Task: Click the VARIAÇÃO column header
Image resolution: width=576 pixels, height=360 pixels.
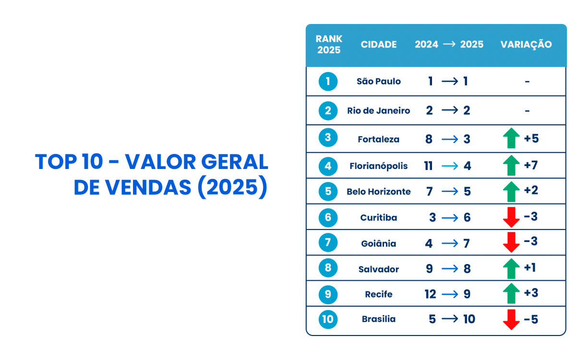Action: point(526,45)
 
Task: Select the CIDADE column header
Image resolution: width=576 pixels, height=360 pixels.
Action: point(379,45)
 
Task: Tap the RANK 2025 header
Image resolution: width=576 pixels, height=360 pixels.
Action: point(328,45)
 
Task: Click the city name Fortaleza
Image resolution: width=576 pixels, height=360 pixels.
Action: point(379,140)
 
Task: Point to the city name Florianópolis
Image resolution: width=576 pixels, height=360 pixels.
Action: point(379,166)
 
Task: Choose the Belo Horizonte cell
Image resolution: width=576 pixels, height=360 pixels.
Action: point(379,192)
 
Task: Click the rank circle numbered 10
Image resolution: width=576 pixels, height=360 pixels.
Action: point(328,320)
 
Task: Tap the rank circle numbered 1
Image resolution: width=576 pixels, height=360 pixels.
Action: point(328,81)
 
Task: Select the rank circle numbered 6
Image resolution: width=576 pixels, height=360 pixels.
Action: point(328,217)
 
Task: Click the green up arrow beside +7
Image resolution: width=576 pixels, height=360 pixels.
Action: point(511,166)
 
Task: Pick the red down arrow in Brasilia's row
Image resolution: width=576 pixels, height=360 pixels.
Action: point(511,320)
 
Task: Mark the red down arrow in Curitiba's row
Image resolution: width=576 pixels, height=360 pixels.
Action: point(511,217)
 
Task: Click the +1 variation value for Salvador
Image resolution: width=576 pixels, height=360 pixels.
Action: point(530,267)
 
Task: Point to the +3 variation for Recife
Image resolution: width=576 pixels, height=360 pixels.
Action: point(531,292)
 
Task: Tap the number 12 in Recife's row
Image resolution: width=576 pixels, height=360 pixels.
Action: point(430,294)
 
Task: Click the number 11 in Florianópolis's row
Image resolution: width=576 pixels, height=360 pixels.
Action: point(429,166)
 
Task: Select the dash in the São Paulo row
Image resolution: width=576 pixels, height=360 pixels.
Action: point(527,82)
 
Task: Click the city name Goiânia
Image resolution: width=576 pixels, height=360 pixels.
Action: point(379,244)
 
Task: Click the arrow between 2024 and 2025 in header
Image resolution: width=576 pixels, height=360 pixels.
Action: point(449,44)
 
